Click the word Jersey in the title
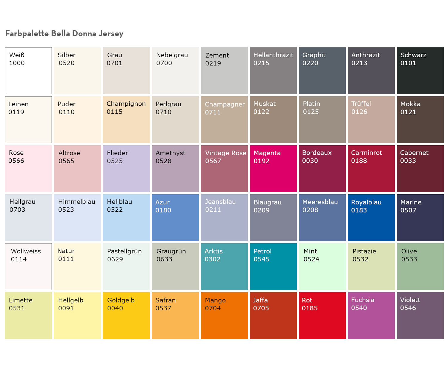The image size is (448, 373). (x=111, y=34)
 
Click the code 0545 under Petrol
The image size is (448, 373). (x=261, y=259)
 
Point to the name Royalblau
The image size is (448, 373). (x=366, y=202)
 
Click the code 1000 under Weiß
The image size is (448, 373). (x=17, y=63)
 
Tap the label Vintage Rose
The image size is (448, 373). (x=225, y=153)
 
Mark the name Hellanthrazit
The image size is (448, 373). (x=273, y=55)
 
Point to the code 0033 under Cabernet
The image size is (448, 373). (x=408, y=161)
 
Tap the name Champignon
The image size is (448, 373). (x=126, y=104)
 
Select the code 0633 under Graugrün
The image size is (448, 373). (x=164, y=259)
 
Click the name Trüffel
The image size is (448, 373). (x=361, y=104)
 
